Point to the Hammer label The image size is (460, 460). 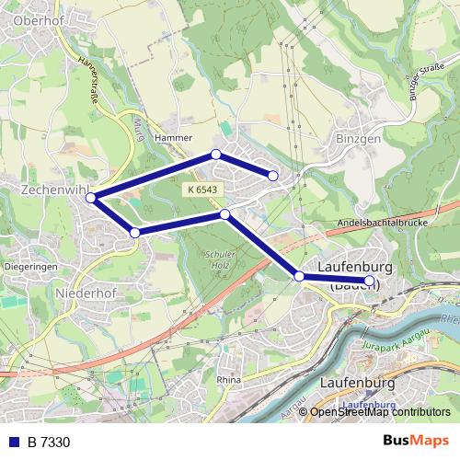[x=173, y=138]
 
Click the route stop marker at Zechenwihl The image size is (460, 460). [x=91, y=196]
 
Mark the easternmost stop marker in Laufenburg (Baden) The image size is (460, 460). [x=370, y=281]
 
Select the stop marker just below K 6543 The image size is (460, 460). [x=225, y=214]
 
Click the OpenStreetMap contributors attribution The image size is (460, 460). [x=380, y=412]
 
